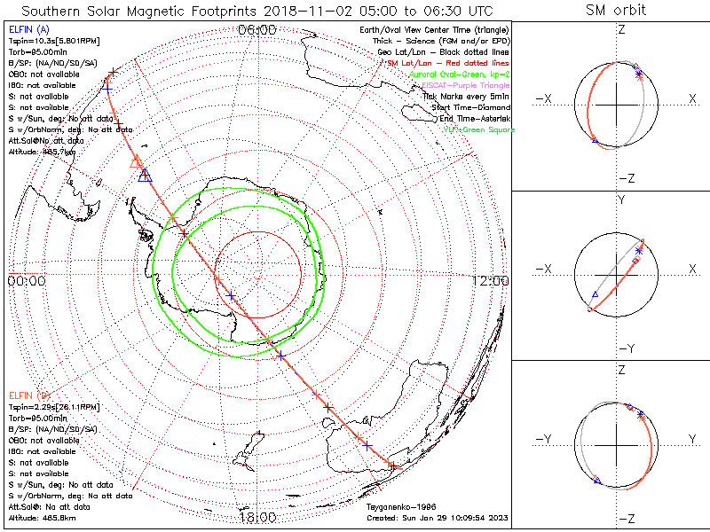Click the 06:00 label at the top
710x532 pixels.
click(x=257, y=30)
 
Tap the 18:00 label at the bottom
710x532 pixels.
click(x=257, y=516)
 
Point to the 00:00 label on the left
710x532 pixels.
click(x=26, y=281)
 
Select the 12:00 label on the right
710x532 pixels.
click(x=491, y=281)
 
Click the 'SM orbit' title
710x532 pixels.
click(x=616, y=11)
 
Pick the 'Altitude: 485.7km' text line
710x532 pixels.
click(x=41, y=152)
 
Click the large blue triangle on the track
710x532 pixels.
click(x=145, y=176)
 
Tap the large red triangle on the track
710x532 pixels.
click(x=137, y=161)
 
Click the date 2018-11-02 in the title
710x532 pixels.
click(x=284, y=11)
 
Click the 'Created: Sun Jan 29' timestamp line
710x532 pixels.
click(x=437, y=518)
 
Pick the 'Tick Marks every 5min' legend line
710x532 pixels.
click(x=467, y=97)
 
